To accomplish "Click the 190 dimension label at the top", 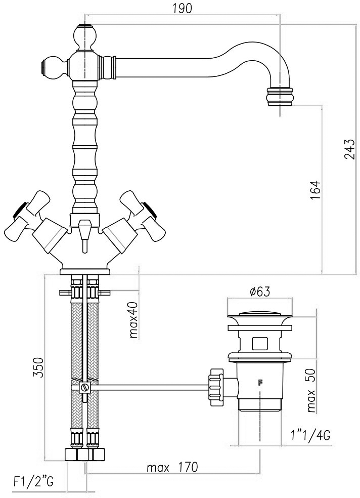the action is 183,9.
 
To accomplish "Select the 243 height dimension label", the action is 349,149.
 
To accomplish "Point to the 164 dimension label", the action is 316,190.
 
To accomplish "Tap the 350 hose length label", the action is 38,367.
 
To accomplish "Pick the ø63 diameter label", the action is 260,291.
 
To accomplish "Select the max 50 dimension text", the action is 312,390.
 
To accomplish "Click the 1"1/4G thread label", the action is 310,435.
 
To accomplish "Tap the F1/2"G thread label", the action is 33,482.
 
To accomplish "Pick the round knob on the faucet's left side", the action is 54,67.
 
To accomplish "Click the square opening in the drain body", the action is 260,344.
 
